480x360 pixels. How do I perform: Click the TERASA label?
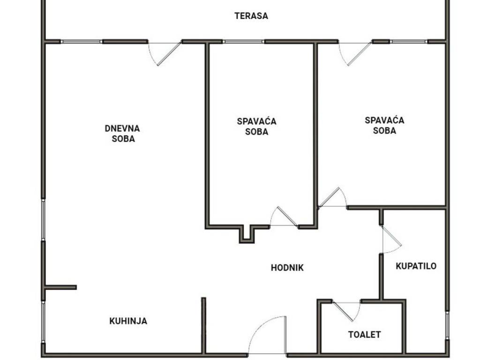pyautogui.click(x=251, y=15)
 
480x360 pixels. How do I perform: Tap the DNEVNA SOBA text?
pyautogui.click(x=122, y=134)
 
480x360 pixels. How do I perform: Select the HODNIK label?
pyautogui.click(x=287, y=268)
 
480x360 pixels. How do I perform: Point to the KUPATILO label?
pyautogui.click(x=416, y=266)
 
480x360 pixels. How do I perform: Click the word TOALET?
pyautogui.click(x=364, y=334)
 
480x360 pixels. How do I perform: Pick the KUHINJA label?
pyautogui.click(x=128, y=321)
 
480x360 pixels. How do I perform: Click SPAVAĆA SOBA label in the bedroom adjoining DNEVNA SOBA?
pyautogui.click(x=256, y=127)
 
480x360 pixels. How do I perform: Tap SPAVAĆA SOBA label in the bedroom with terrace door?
pyautogui.click(x=384, y=125)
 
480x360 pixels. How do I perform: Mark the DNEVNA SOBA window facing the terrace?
pyautogui.click(x=81, y=42)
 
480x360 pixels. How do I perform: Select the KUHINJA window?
pyautogui.click(x=44, y=322)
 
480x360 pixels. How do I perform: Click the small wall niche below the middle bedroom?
pyautogui.click(x=247, y=234)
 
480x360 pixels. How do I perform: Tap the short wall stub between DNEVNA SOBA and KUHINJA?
pyautogui.click(x=61, y=287)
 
